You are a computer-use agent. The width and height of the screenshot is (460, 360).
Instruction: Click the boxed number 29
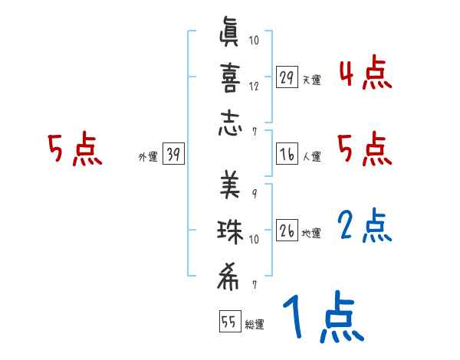287,78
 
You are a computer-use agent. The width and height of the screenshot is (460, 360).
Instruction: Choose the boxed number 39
173,155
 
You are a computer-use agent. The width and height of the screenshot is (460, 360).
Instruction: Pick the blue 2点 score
365,227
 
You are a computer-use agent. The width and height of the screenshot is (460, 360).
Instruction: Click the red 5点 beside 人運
365,149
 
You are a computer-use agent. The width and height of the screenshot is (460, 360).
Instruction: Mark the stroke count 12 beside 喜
254,86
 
